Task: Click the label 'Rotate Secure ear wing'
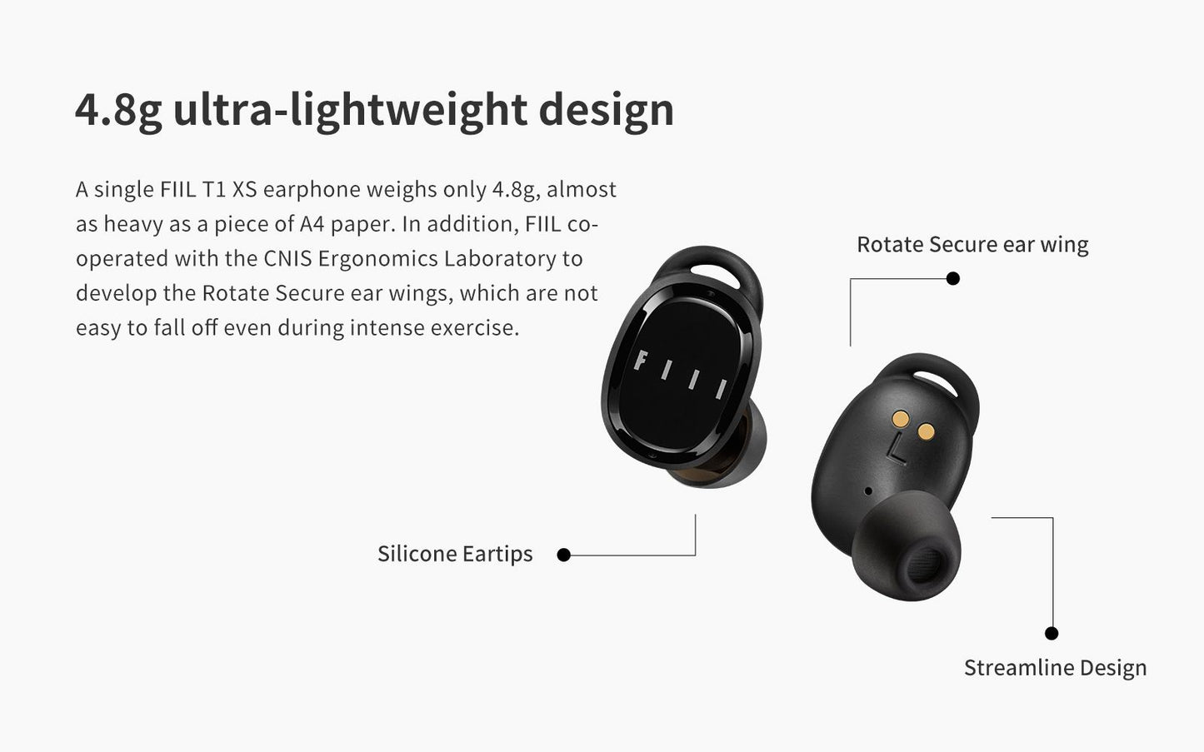[972, 245]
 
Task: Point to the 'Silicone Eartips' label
[455, 554]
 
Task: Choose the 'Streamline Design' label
[1055, 668]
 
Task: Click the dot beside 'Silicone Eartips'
[563, 555]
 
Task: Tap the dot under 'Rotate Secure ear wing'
[952, 278]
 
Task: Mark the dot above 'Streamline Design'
[1052, 633]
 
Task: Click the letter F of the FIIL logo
[641, 361]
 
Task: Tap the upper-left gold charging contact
[901, 419]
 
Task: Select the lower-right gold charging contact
[926, 431]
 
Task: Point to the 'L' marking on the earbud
[896, 450]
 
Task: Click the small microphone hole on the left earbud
[868, 491]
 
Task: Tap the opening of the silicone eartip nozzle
[922, 567]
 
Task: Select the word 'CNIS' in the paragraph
[287, 259]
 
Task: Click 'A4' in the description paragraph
[312, 224]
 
